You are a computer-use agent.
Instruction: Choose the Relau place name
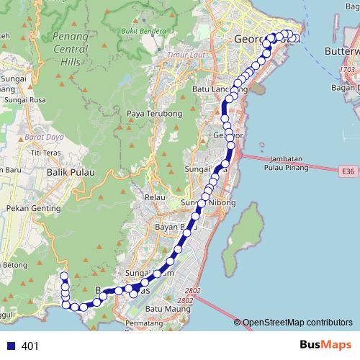(156, 196)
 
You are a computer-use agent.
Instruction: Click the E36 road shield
(348, 171)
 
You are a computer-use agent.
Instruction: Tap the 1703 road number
(348, 70)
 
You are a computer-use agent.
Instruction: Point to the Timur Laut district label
(183, 55)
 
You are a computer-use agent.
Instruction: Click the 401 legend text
(30, 346)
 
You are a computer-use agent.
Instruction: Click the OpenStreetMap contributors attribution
(297, 323)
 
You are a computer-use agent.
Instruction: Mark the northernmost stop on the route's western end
(63, 276)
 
